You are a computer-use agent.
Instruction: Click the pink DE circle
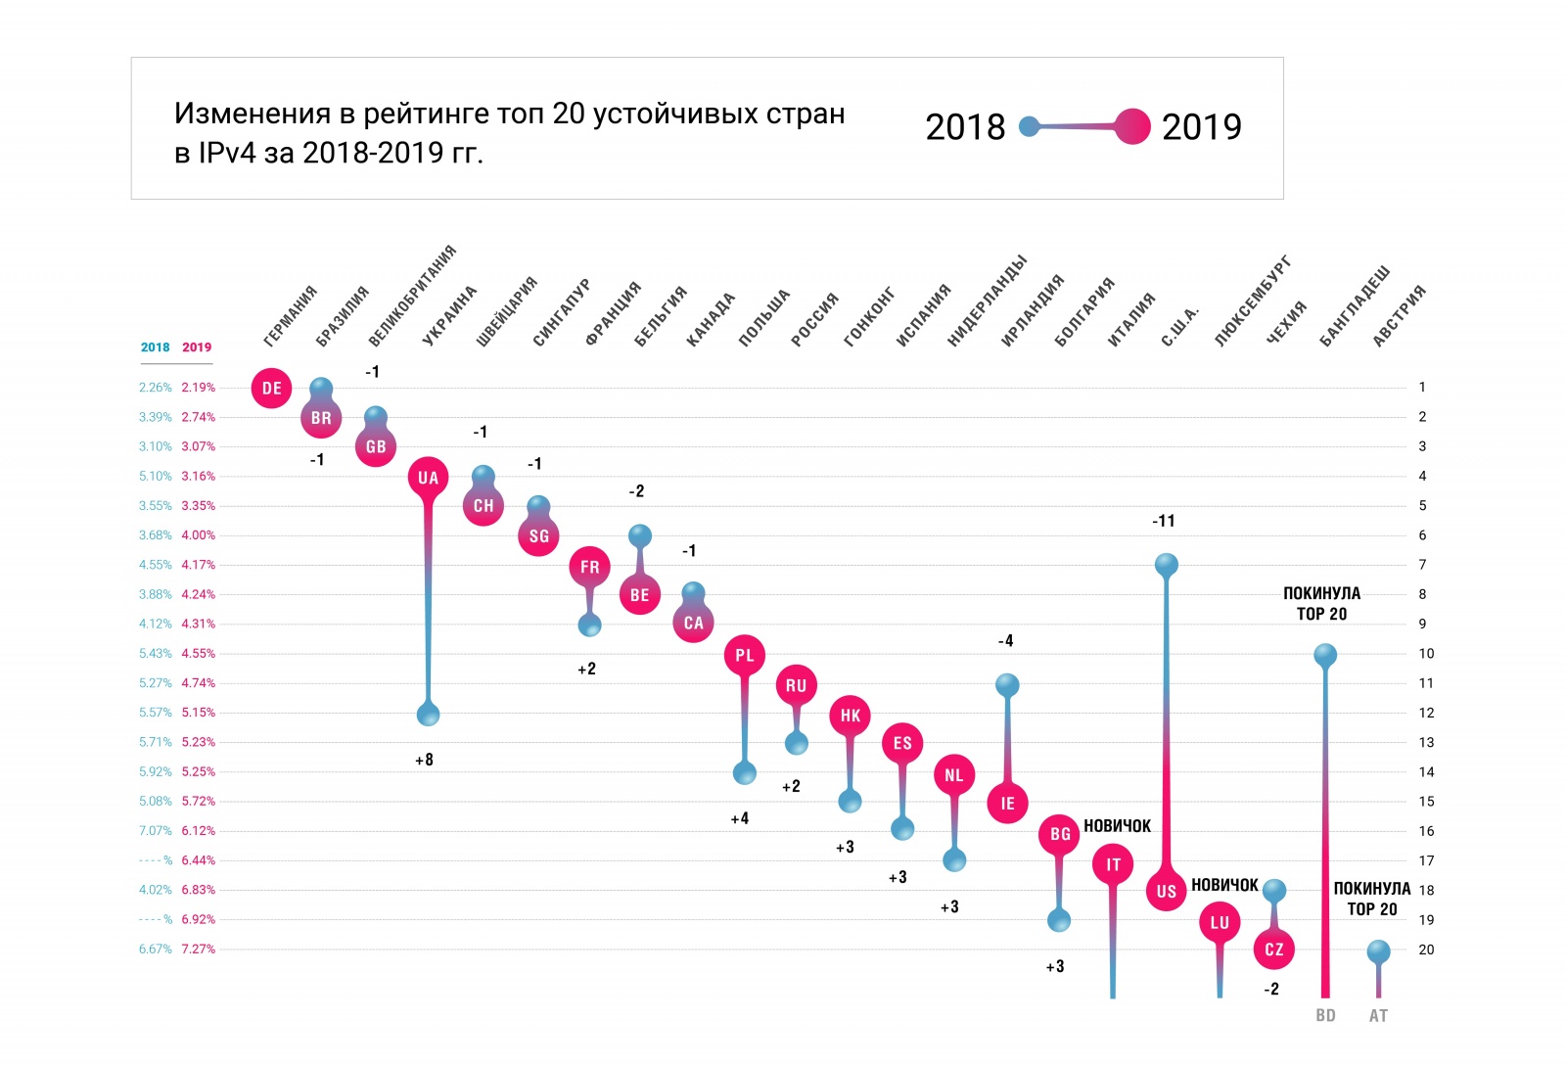(x=271, y=388)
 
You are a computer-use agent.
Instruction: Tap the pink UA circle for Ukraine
(x=428, y=478)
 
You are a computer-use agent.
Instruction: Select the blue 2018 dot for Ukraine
(x=428, y=715)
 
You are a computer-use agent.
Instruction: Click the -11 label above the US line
(x=1163, y=521)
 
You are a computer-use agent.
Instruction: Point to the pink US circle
(x=1166, y=891)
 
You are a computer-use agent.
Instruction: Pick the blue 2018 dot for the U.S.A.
(x=1166, y=565)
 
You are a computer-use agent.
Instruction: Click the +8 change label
(x=424, y=760)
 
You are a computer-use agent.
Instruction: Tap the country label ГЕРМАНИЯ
(x=291, y=316)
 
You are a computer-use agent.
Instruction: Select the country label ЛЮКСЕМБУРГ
(x=1253, y=301)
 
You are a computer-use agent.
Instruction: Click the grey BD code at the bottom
(x=1325, y=1015)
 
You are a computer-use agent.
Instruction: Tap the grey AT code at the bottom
(x=1378, y=1015)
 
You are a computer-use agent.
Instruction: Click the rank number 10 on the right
(x=1426, y=654)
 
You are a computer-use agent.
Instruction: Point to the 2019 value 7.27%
(x=198, y=949)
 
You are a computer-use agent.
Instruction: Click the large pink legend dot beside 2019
(x=1132, y=126)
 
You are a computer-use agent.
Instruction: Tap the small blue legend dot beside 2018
(x=1029, y=126)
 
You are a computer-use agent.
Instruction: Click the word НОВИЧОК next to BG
(x=1117, y=826)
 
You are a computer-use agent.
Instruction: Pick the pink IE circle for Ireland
(x=1007, y=803)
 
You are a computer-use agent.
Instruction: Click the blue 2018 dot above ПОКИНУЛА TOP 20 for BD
(x=1325, y=655)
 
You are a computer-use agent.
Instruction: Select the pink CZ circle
(x=1273, y=949)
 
